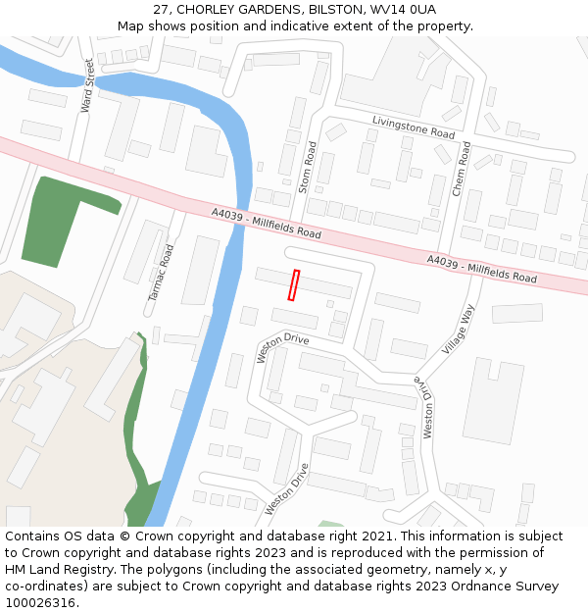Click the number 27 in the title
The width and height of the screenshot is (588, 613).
coord(162,9)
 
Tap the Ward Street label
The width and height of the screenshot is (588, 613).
coord(88,84)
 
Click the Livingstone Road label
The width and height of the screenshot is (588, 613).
coord(414,126)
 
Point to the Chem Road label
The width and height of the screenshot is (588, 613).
coord(461,169)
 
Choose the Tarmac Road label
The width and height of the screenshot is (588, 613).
coord(161,273)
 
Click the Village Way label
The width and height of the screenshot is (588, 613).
coord(458,330)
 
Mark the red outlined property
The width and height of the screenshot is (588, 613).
coord(293,285)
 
